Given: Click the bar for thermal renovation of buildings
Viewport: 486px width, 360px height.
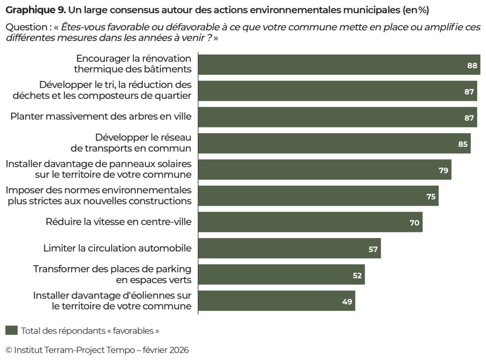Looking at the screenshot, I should pos(339,65).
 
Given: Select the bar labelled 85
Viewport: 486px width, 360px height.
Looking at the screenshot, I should pos(334,143).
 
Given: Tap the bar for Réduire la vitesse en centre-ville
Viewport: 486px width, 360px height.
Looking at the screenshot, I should pos(310,222).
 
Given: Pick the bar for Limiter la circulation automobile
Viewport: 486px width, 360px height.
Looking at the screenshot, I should pos(289,248).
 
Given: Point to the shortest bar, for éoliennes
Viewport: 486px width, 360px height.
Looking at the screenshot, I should pos(276,301).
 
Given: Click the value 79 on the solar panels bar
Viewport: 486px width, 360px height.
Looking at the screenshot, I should pos(443,170).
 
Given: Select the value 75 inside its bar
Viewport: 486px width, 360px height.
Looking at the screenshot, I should pos(431,196).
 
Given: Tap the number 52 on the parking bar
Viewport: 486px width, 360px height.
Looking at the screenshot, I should pos(357,275).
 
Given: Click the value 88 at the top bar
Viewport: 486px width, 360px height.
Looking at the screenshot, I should pos(472,66).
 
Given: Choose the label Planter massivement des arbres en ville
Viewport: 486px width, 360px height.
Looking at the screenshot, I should pos(101,117).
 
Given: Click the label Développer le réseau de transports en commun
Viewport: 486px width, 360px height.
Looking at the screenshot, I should pos(131,142).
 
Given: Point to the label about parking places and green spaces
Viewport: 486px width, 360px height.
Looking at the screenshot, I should pos(112,274).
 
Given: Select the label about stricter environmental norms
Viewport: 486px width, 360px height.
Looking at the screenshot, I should pos(99,195).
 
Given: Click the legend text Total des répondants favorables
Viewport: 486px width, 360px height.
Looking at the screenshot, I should pos(90,331).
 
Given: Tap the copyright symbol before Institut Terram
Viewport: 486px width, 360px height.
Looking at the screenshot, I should pos(9,350).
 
